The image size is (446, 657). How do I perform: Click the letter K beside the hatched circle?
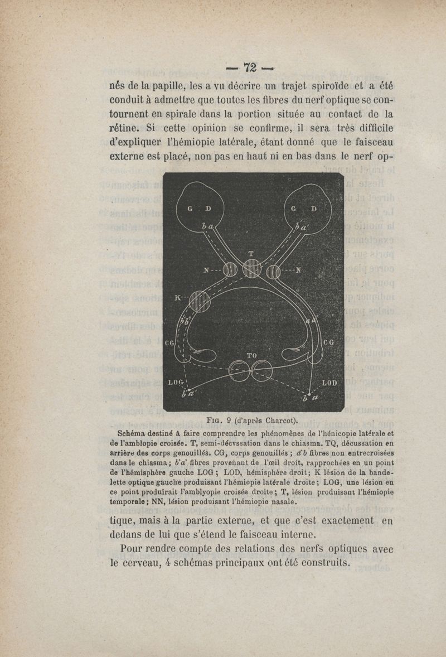pyautogui.click(x=178, y=298)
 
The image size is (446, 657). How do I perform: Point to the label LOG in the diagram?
pyautogui.click(x=176, y=383)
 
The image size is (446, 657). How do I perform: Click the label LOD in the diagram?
pyautogui.click(x=330, y=383)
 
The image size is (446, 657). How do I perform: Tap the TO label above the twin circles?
pyautogui.click(x=251, y=355)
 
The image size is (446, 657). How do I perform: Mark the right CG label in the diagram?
pyautogui.click(x=328, y=342)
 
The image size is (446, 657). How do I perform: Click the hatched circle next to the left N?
pyautogui.click(x=230, y=272)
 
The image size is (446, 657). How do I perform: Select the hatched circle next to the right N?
pyautogui.click(x=273, y=272)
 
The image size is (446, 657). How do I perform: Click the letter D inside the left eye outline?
pyautogui.click(x=207, y=209)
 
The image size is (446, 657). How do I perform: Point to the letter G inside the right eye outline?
pyautogui.click(x=294, y=209)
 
